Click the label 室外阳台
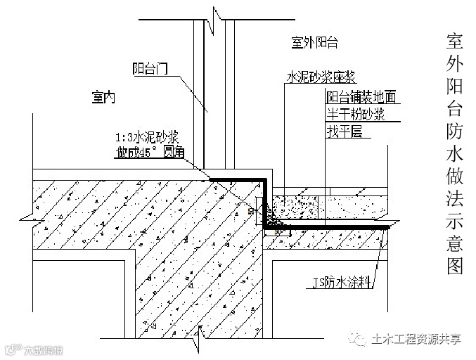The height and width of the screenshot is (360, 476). [314, 43]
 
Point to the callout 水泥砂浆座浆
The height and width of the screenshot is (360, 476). [318, 77]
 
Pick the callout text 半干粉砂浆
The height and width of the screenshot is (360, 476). [355, 114]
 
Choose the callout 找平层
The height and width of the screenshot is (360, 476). [344, 131]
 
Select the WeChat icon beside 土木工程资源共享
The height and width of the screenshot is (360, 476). [363, 340]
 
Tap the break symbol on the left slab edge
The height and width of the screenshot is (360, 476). [27, 210]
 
